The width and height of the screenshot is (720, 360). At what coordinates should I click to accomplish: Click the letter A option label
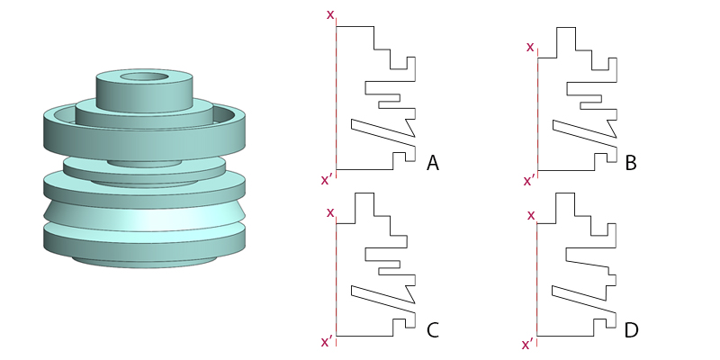click(x=433, y=163)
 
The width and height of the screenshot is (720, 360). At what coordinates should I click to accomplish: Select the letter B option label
click(x=631, y=163)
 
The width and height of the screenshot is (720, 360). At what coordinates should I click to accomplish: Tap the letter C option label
click(x=433, y=330)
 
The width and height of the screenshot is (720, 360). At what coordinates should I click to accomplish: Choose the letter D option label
click(x=631, y=330)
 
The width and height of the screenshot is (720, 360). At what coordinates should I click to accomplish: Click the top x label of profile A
click(x=330, y=14)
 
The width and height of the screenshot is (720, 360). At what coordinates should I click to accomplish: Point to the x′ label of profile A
click(x=327, y=180)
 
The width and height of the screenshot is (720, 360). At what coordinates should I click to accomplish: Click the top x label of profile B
click(x=530, y=46)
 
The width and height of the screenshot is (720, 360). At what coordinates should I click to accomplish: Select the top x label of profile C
click(x=330, y=212)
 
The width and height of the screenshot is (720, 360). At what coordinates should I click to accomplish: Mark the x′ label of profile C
click(x=327, y=341)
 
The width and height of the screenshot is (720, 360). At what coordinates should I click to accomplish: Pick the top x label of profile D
click(x=531, y=215)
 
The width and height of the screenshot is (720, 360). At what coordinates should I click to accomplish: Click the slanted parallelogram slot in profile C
click(x=382, y=299)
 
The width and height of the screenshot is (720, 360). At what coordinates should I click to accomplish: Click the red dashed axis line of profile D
click(x=536, y=279)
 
